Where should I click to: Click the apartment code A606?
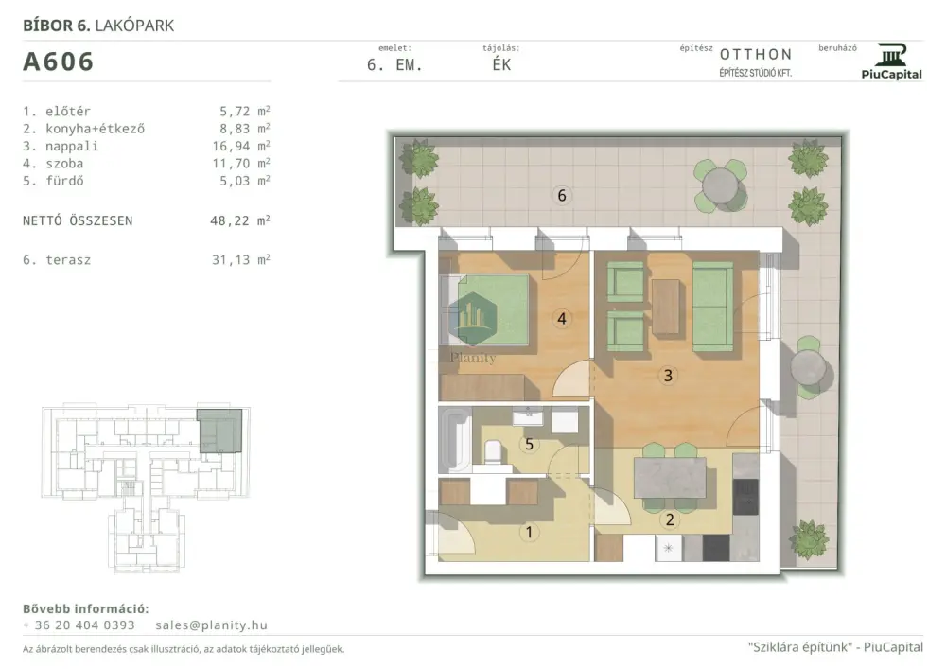point(58,62)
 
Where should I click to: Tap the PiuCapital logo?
point(891,61)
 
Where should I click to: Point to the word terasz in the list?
point(68,260)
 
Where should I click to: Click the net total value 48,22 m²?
point(239,220)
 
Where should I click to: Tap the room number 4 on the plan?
point(562,319)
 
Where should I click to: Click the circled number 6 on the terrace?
point(562,196)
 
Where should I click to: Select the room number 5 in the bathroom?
point(529,445)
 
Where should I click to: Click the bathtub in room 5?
point(456,439)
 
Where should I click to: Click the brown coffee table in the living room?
point(667,306)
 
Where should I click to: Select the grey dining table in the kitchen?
point(670,478)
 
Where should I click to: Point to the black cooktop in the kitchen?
point(745,497)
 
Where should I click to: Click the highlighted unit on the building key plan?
point(220,431)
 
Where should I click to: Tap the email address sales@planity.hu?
point(211,625)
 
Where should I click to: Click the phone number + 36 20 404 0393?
point(79,625)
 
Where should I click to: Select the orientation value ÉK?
point(501,65)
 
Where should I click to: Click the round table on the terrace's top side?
point(720,185)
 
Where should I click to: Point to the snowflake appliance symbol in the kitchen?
point(669,548)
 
